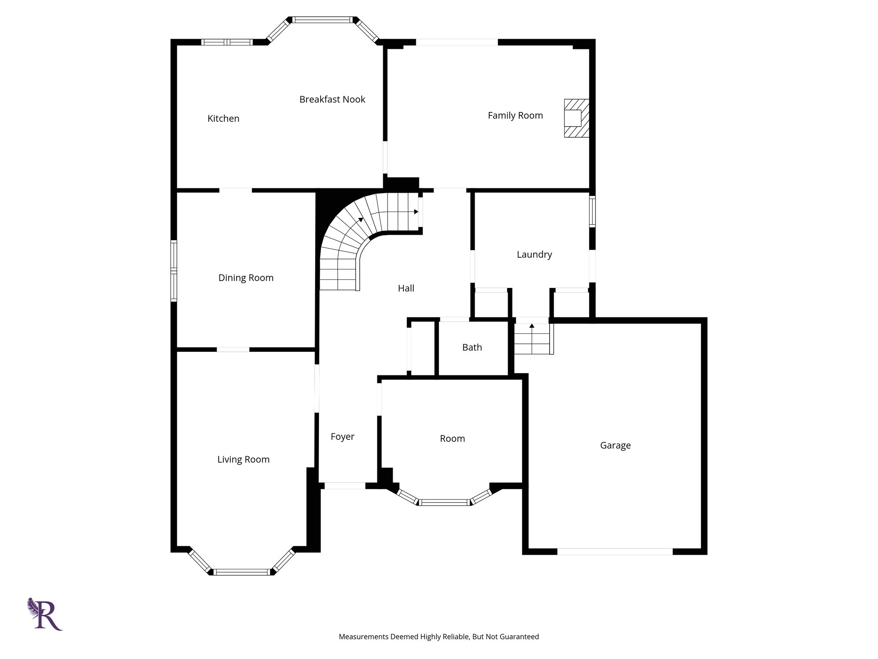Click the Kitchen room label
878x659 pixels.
pyautogui.click(x=223, y=118)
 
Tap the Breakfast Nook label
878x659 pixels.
pyautogui.click(x=332, y=100)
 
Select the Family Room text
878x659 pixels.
pyautogui.click(x=515, y=115)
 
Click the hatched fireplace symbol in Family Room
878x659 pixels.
pyautogui.click(x=576, y=118)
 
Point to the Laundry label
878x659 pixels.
pyautogui.click(x=534, y=254)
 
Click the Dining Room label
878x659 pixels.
pyautogui.click(x=246, y=278)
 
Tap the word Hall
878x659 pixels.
pyautogui.click(x=406, y=288)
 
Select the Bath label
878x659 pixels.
pyautogui.click(x=472, y=348)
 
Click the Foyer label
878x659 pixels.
pyautogui.click(x=342, y=437)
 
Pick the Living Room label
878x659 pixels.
pyautogui.click(x=243, y=459)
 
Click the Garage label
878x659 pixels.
pyautogui.click(x=615, y=445)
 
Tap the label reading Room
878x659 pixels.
pyautogui.click(x=452, y=438)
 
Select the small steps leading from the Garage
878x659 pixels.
pyautogui.click(x=532, y=339)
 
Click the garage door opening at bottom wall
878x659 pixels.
pyautogui.click(x=614, y=551)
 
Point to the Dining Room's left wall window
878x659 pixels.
pyautogui.click(x=174, y=271)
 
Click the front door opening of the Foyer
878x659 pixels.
pyautogui.click(x=344, y=486)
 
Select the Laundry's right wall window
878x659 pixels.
pyautogui.click(x=592, y=211)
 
